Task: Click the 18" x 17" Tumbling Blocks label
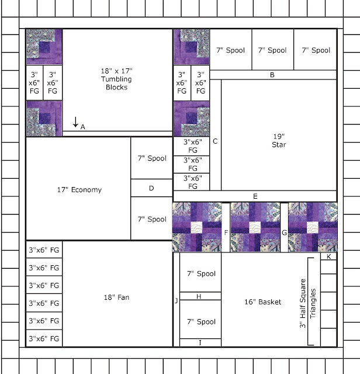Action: (x=116, y=79)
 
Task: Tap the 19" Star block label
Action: (x=279, y=140)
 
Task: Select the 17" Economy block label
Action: (x=79, y=189)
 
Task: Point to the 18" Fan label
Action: (x=117, y=297)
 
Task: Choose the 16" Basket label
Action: (x=262, y=302)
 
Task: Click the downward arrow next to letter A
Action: (x=75, y=122)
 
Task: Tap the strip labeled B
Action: (x=273, y=75)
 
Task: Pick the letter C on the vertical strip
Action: (x=215, y=141)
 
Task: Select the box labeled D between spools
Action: (x=151, y=188)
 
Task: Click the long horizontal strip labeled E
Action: (x=255, y=196)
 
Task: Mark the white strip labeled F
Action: (x=226, y=227)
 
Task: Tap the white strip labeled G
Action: (x=284, y=227)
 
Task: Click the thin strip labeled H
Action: (x=200, y=296)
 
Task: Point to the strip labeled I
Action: (x=200, y=342)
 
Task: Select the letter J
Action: (x=176, y=300)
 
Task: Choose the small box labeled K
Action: (x=328, y=257)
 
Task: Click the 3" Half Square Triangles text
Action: (x=307, y=303)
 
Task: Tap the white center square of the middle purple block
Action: (x=255, y=227)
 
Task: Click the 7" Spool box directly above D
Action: (x=151, y=158)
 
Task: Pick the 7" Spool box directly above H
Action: (x=200, y=272)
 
